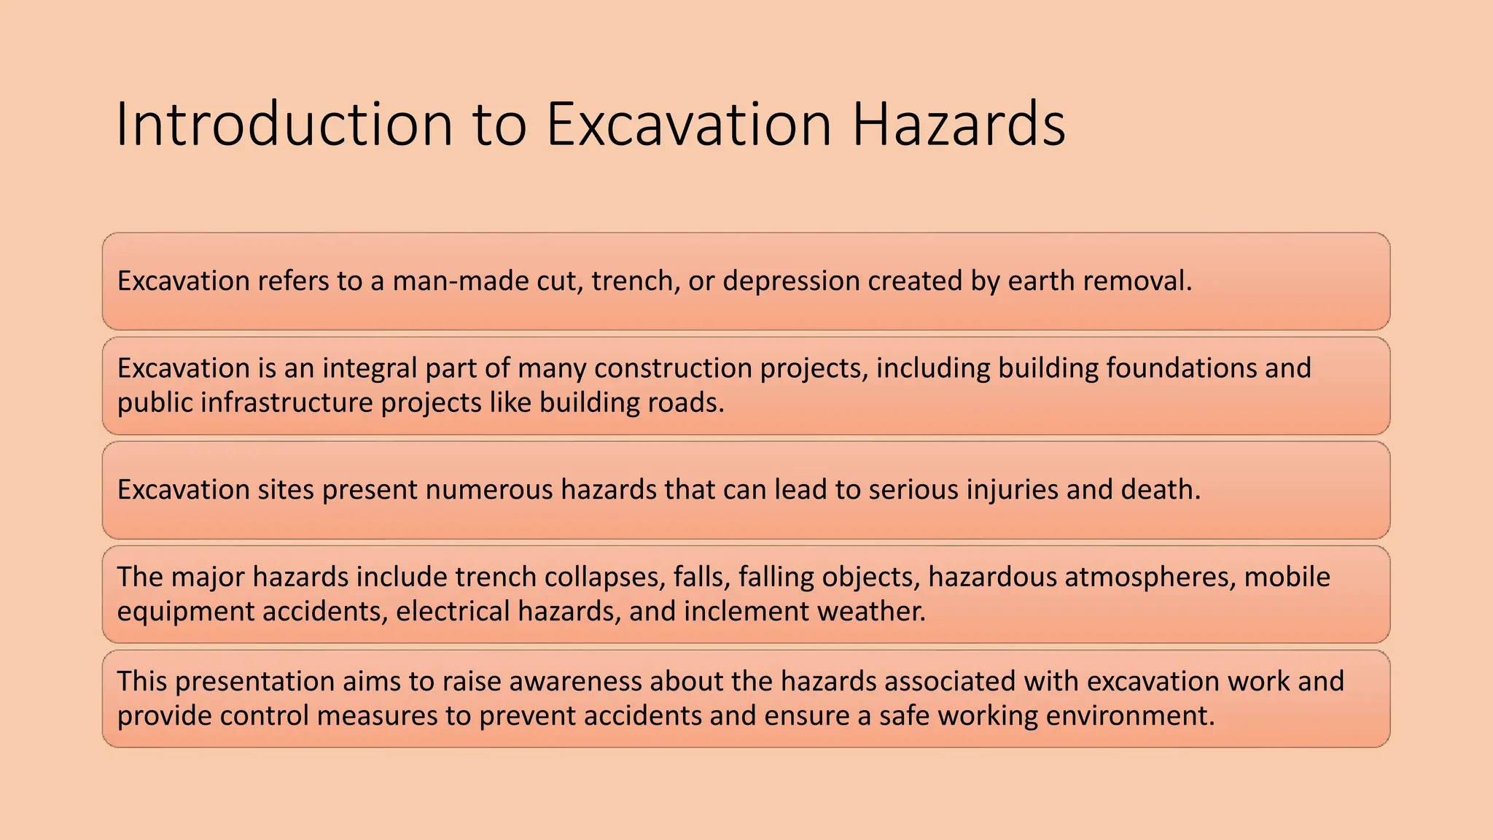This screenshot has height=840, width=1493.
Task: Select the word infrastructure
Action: (286, 402)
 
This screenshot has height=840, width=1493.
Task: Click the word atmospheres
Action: (1150, 577)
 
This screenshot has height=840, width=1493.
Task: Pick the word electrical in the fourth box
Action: (452, 611)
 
